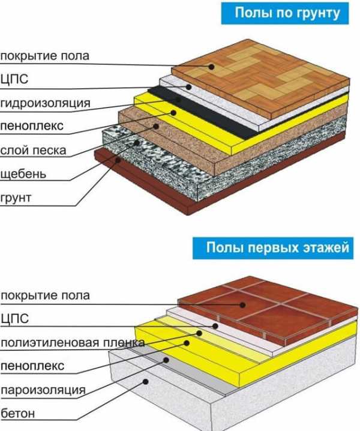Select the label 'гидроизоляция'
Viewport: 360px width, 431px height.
pyautogui.click(x=46, y=104)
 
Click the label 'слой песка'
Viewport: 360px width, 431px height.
pyautogui.click(x=33, y=151)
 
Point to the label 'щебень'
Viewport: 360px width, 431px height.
pyautogui.click(x=23, y=173)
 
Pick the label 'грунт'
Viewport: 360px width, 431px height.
pyautogui.click(x=16, y=198)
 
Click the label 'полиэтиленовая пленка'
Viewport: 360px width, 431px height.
pyautogui.click(x=73, y=343)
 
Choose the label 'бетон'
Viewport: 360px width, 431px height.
pyautogui.click(x=18, y=413)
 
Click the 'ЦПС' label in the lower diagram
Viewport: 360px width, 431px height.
pyautogui.click(x=14, y=319)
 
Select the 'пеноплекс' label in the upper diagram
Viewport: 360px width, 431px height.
pyautogui.click(x=32, y=126)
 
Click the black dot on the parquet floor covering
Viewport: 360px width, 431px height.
pyautogui.click(x=211, y=67)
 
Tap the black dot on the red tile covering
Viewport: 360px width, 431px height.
pyautogui.click(x=242, y=305)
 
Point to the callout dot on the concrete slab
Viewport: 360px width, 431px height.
pyautogui.click(x=146, y=382)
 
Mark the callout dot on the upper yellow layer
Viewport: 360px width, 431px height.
pyautogui.click(x=173, y=113)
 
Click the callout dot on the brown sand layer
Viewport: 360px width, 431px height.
pyautogui.click(x=156, y=126)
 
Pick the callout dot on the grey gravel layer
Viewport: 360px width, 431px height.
pyautogui.click(x=137, y=143)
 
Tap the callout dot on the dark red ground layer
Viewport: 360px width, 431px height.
pyautogui.click(x=118, y=160)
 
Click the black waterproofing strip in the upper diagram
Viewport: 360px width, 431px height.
pyautogui.click(x=203, y=113)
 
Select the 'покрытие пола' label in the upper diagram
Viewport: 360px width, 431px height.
pyautogui.click(x=45, y=56)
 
